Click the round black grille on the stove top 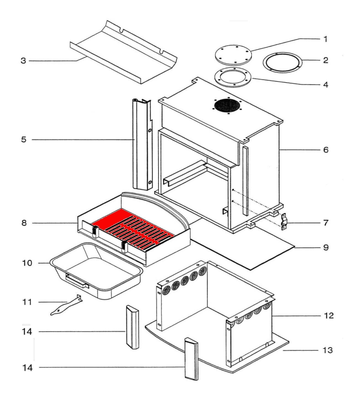click(227, 107)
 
